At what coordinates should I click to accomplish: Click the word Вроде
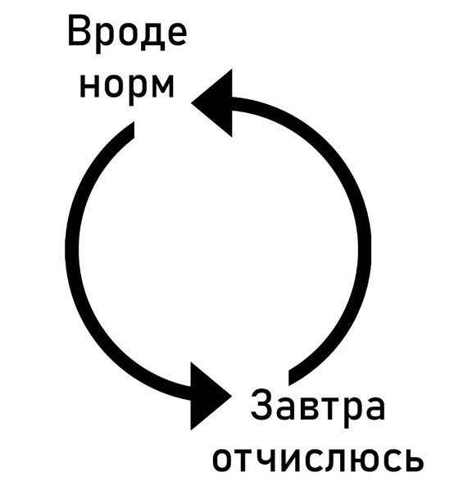point(128,34)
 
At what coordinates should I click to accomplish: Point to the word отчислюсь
point(318,460)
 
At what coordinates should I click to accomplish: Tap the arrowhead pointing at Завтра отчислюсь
point(211,396)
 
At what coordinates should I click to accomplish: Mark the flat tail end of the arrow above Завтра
point(288,377)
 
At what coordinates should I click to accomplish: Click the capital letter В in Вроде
point(79,32)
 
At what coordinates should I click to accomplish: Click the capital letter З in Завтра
point(263,404)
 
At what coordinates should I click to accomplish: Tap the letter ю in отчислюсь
point(365,460)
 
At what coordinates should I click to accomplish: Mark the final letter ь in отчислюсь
point(414,460)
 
